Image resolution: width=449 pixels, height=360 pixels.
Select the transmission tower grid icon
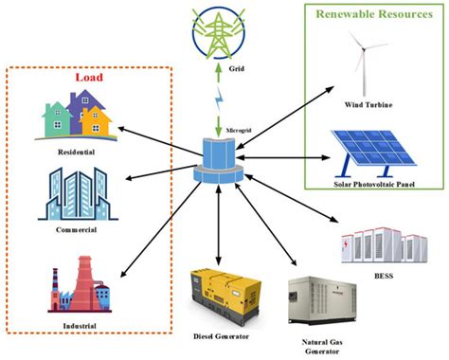point(218,29)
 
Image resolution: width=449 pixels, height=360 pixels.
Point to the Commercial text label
point(75,229)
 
